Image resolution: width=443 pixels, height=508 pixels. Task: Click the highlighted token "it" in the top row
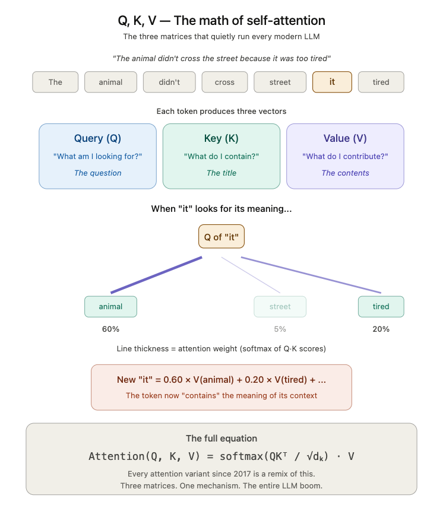point(332,82)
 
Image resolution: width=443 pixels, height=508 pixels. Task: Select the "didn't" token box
point(169,82)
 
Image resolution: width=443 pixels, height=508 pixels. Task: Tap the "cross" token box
point(224,82)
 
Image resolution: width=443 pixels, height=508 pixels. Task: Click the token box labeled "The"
point(55,82)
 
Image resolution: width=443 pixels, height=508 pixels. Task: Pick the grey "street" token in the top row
point(280,82)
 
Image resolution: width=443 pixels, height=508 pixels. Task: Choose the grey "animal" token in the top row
point(110,82)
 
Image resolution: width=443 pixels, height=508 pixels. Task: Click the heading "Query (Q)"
point(97,138)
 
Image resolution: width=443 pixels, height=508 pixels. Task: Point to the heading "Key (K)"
point(221,138)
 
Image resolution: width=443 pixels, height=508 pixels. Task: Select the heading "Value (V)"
point(345,138)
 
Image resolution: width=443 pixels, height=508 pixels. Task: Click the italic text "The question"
point(98,173)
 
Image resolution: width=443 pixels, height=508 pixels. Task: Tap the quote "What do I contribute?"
point(345,157)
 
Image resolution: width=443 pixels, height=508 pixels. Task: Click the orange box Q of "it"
point(221,237)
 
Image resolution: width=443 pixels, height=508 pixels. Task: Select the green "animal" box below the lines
point(110,306)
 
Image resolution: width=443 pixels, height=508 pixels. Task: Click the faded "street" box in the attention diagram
point(280,306)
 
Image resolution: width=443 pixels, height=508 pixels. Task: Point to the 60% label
point(110,329)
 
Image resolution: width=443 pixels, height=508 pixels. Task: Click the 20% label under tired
point(381,329)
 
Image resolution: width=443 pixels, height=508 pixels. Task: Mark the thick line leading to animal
point(156,275)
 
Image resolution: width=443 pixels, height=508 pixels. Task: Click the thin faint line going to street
point(251,275)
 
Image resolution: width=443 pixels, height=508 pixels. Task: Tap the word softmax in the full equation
point(242,456)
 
